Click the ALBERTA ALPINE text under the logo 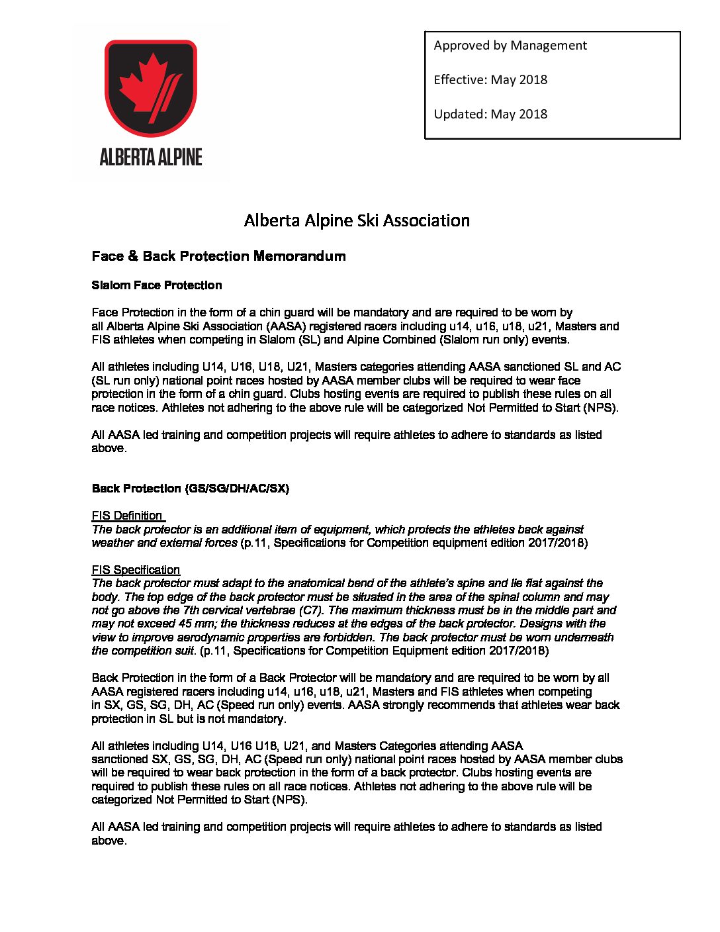[x=151, y=158]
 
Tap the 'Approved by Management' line [x=510, y=46]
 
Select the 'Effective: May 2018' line [x=490, y=80]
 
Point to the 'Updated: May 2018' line [x=490, y=115]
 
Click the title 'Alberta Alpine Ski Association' [x=357, y=220]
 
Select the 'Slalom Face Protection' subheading [x=157, y=285]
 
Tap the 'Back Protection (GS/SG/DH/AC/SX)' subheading [x=191, y=489]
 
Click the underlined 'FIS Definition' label [x=127, y=516]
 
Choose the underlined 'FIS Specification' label [x=136, y=570]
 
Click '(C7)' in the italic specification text [x=311, y=610]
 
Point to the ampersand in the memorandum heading [x=133, y=256]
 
